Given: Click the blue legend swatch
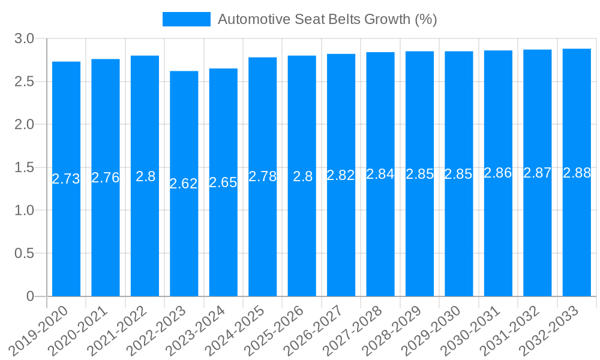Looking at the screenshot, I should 186,19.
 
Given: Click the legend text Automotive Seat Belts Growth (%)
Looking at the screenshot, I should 327,19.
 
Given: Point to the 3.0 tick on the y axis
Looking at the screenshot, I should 25,39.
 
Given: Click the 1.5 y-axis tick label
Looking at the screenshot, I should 25,167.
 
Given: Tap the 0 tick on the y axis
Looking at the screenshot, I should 31,296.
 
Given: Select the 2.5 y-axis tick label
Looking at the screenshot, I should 25,82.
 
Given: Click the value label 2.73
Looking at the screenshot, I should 66,179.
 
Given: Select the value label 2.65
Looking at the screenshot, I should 223,182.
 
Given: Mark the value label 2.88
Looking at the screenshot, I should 577,173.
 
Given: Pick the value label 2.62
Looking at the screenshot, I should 184,184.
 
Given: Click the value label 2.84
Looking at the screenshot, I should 380,174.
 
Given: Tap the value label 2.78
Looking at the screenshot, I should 262,177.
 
